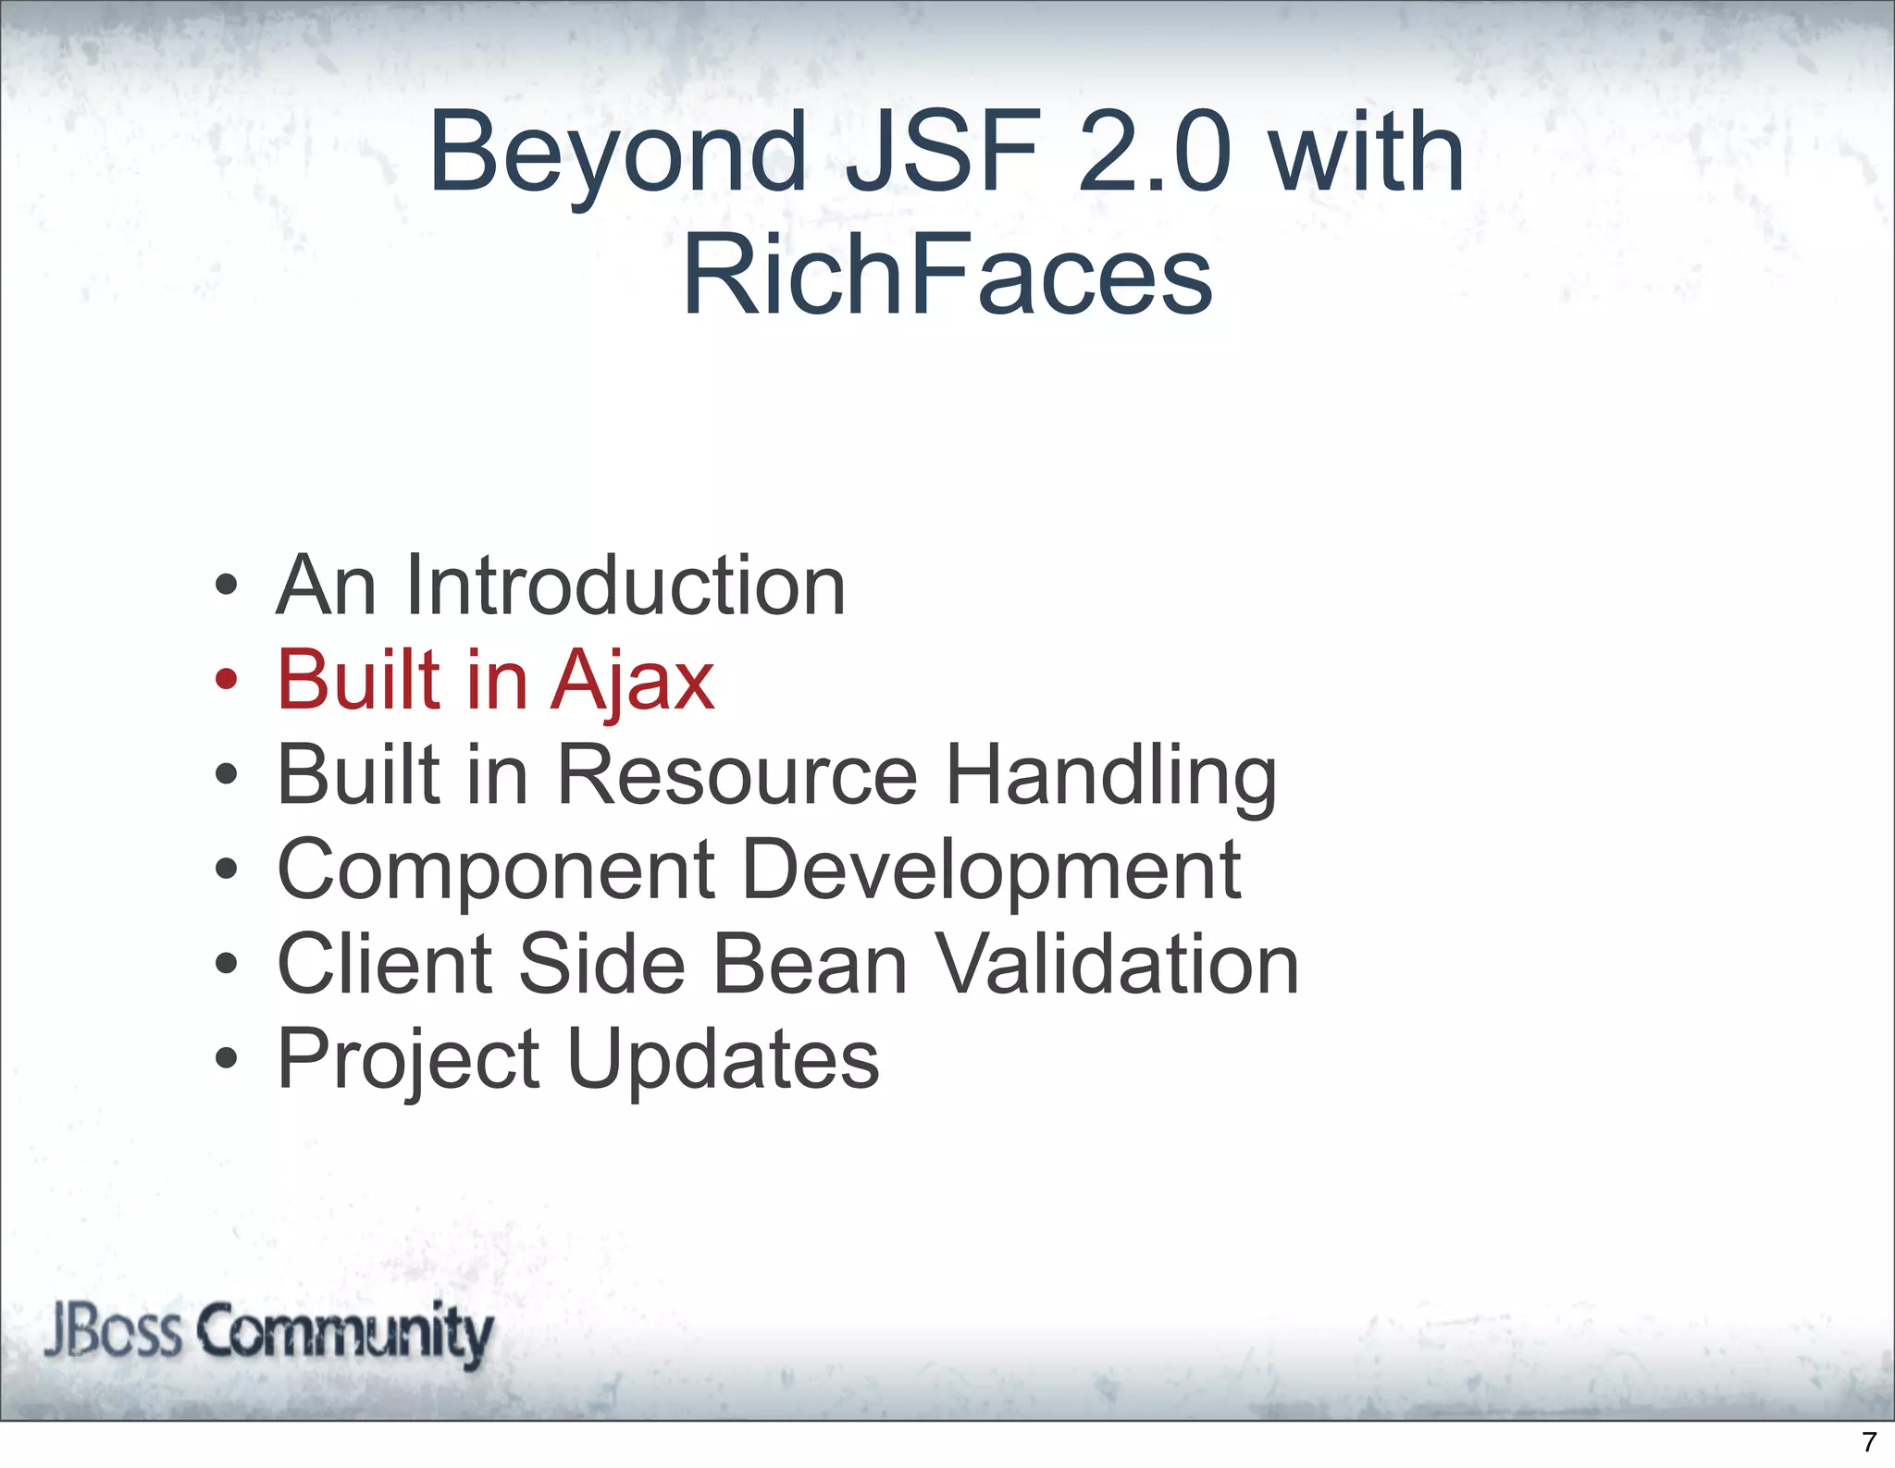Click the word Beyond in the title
617,153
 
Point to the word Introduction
625,585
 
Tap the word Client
385,964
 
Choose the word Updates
723,1060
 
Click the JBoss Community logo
268,1333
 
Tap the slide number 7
1868,1441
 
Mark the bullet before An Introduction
226,585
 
